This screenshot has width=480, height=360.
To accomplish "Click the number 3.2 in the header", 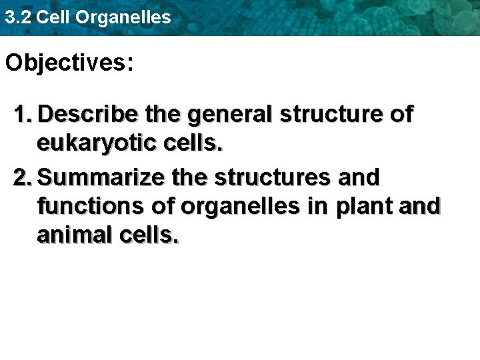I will [17, 17].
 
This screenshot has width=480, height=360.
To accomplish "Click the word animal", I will [73, 235].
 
